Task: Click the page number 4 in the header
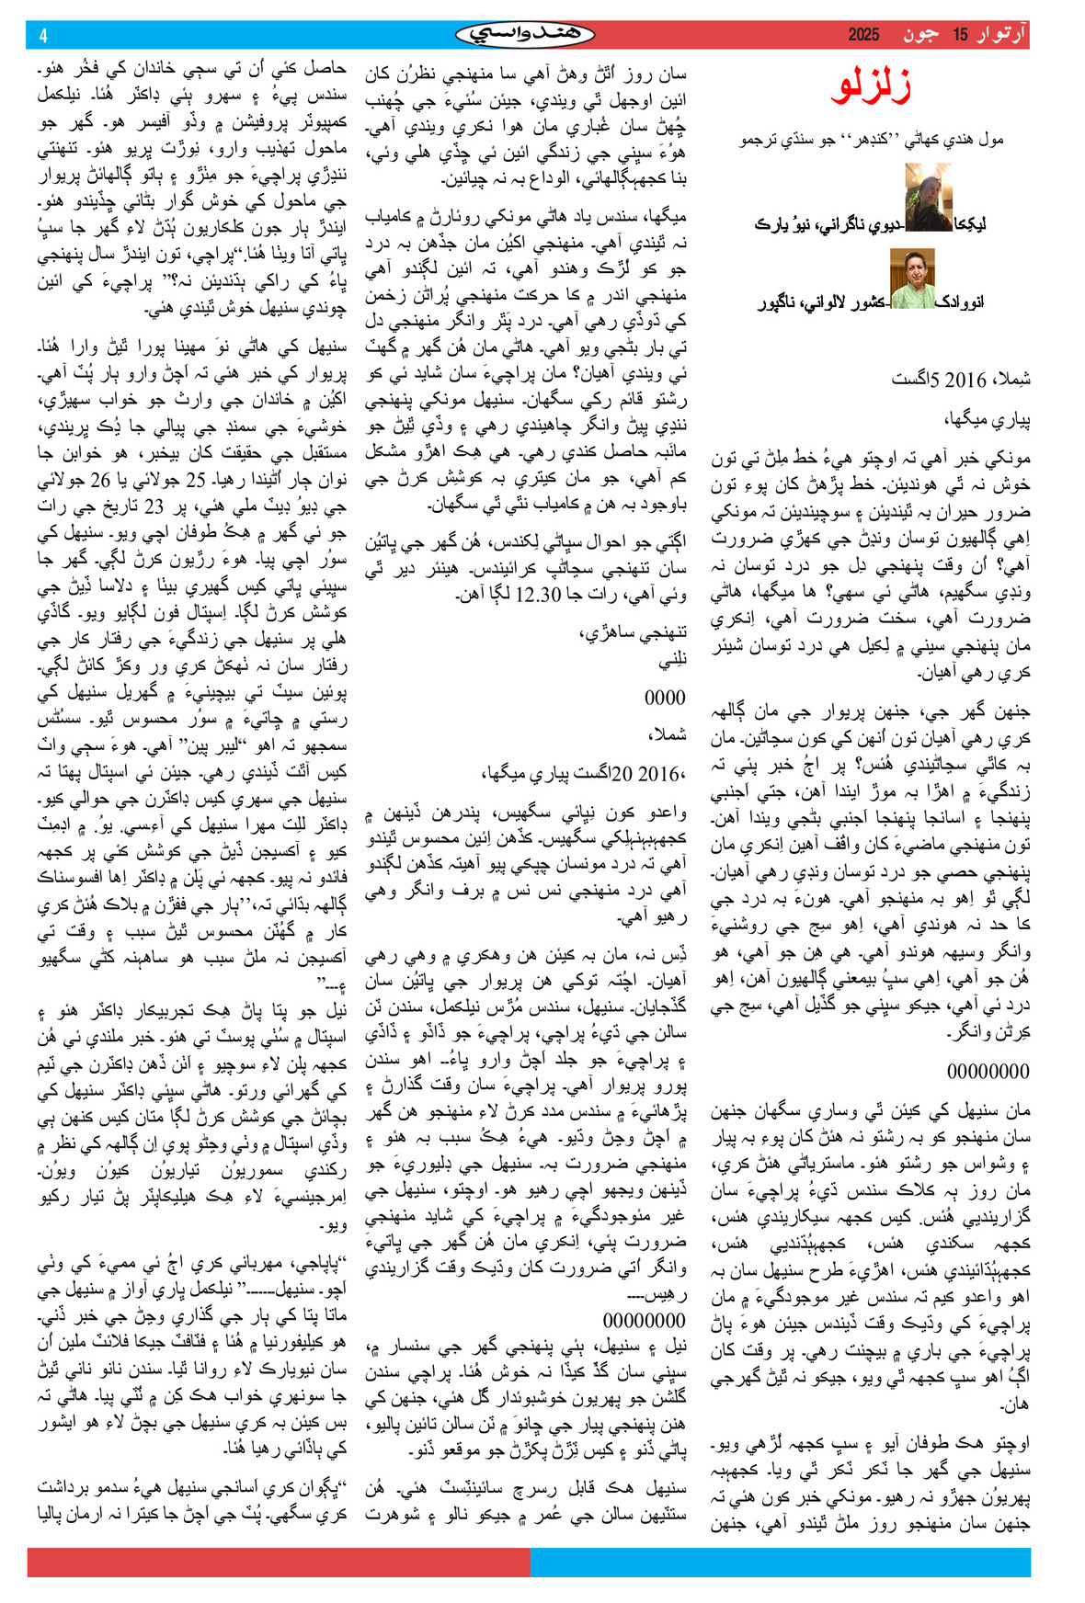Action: pos(43,36)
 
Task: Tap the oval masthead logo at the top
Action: pos(525,35)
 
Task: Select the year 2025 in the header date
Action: pos(863,35)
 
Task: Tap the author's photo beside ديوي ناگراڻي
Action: pos(928,197)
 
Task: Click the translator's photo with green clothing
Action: pos(912,279)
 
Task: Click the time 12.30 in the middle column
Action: pos(539,595)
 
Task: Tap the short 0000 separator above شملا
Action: pos(665,698)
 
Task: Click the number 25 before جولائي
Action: pos(196,479)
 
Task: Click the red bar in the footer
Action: pos(279,1562)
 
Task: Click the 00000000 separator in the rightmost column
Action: pos(988,1071)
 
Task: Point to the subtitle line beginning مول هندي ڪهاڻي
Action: pos(872,140)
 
